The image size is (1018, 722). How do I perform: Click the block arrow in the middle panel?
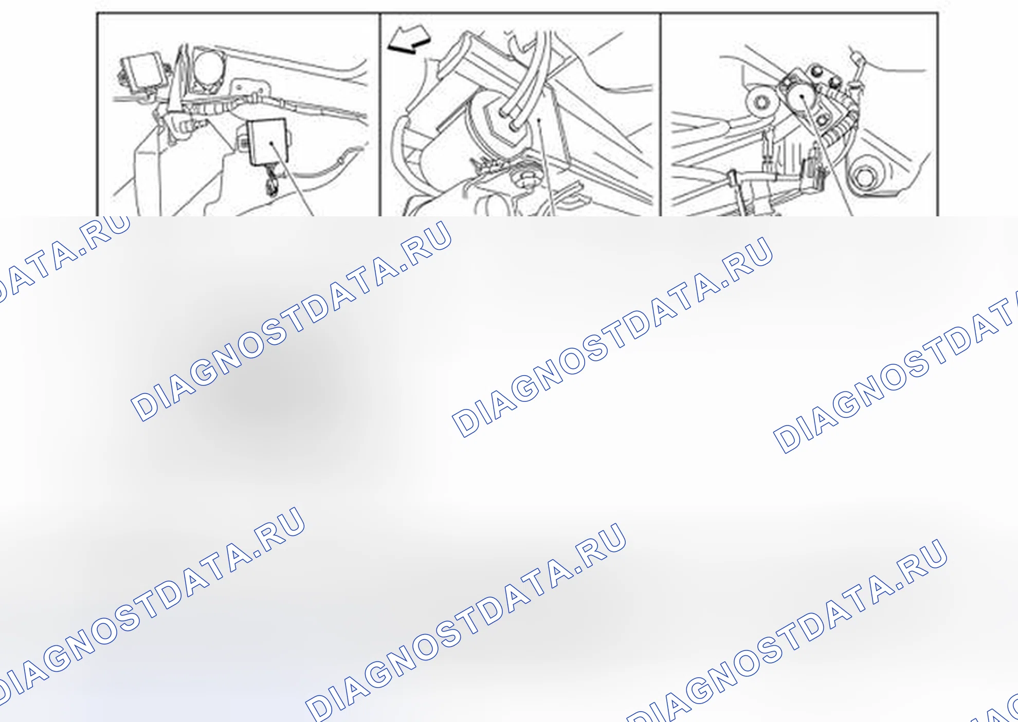(x=409, y=40)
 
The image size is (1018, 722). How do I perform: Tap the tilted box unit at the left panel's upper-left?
(x=143, y=70)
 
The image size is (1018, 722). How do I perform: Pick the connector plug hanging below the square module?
(x=271, y=185)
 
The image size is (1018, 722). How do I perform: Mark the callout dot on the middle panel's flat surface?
(x=539, y=121)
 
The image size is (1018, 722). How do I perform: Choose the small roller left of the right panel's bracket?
(x=761, y=102)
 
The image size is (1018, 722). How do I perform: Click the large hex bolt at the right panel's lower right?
(x=865, y=178)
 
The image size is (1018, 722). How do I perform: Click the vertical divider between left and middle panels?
(x=380, y=115)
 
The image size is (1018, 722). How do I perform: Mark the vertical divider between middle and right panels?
(x=661, y=115)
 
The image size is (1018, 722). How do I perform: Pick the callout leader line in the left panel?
(x=292, y=179)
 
